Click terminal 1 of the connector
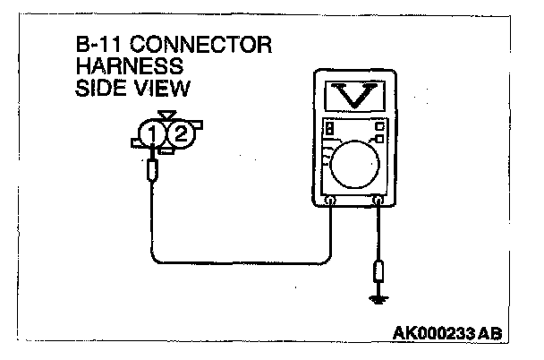tap(153, 134)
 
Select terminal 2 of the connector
tap(179, 134)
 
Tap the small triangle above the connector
tap(166, 116)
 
